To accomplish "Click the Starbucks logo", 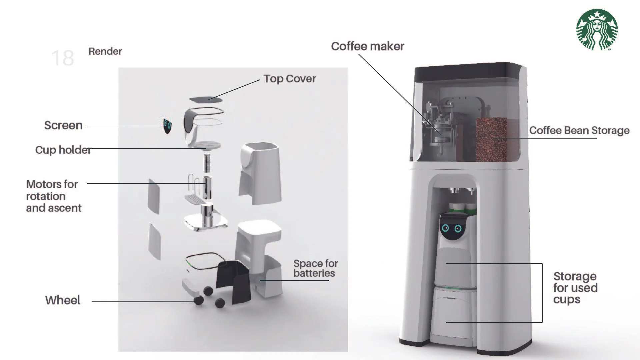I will [x=597, y=30].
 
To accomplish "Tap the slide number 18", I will [x=63, y=58].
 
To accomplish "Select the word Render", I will [x=105, y=51].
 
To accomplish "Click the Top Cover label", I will [x=289, y=79].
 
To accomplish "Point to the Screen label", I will [x=63, y=125].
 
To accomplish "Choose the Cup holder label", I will [x=63, y=150].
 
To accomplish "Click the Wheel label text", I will [x=63, y=300].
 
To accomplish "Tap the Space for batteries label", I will [x=315, y=268].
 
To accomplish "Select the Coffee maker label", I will [x=367, y=46].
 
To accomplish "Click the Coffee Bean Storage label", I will [x=579, y=130].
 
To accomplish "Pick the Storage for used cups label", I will [x=575, y=288].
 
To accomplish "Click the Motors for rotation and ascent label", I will [x=53, y=196].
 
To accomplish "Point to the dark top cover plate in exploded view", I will [x=206, y=99].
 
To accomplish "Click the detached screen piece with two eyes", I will [x=167, y=126].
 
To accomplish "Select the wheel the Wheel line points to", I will [x=199, y=300].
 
